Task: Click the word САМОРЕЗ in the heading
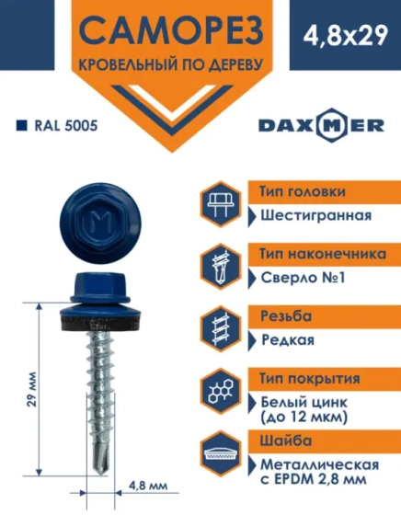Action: [x=170, y=33]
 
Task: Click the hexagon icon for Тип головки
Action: [x=221, y=204]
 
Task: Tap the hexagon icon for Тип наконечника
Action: [x=221, y=267]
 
